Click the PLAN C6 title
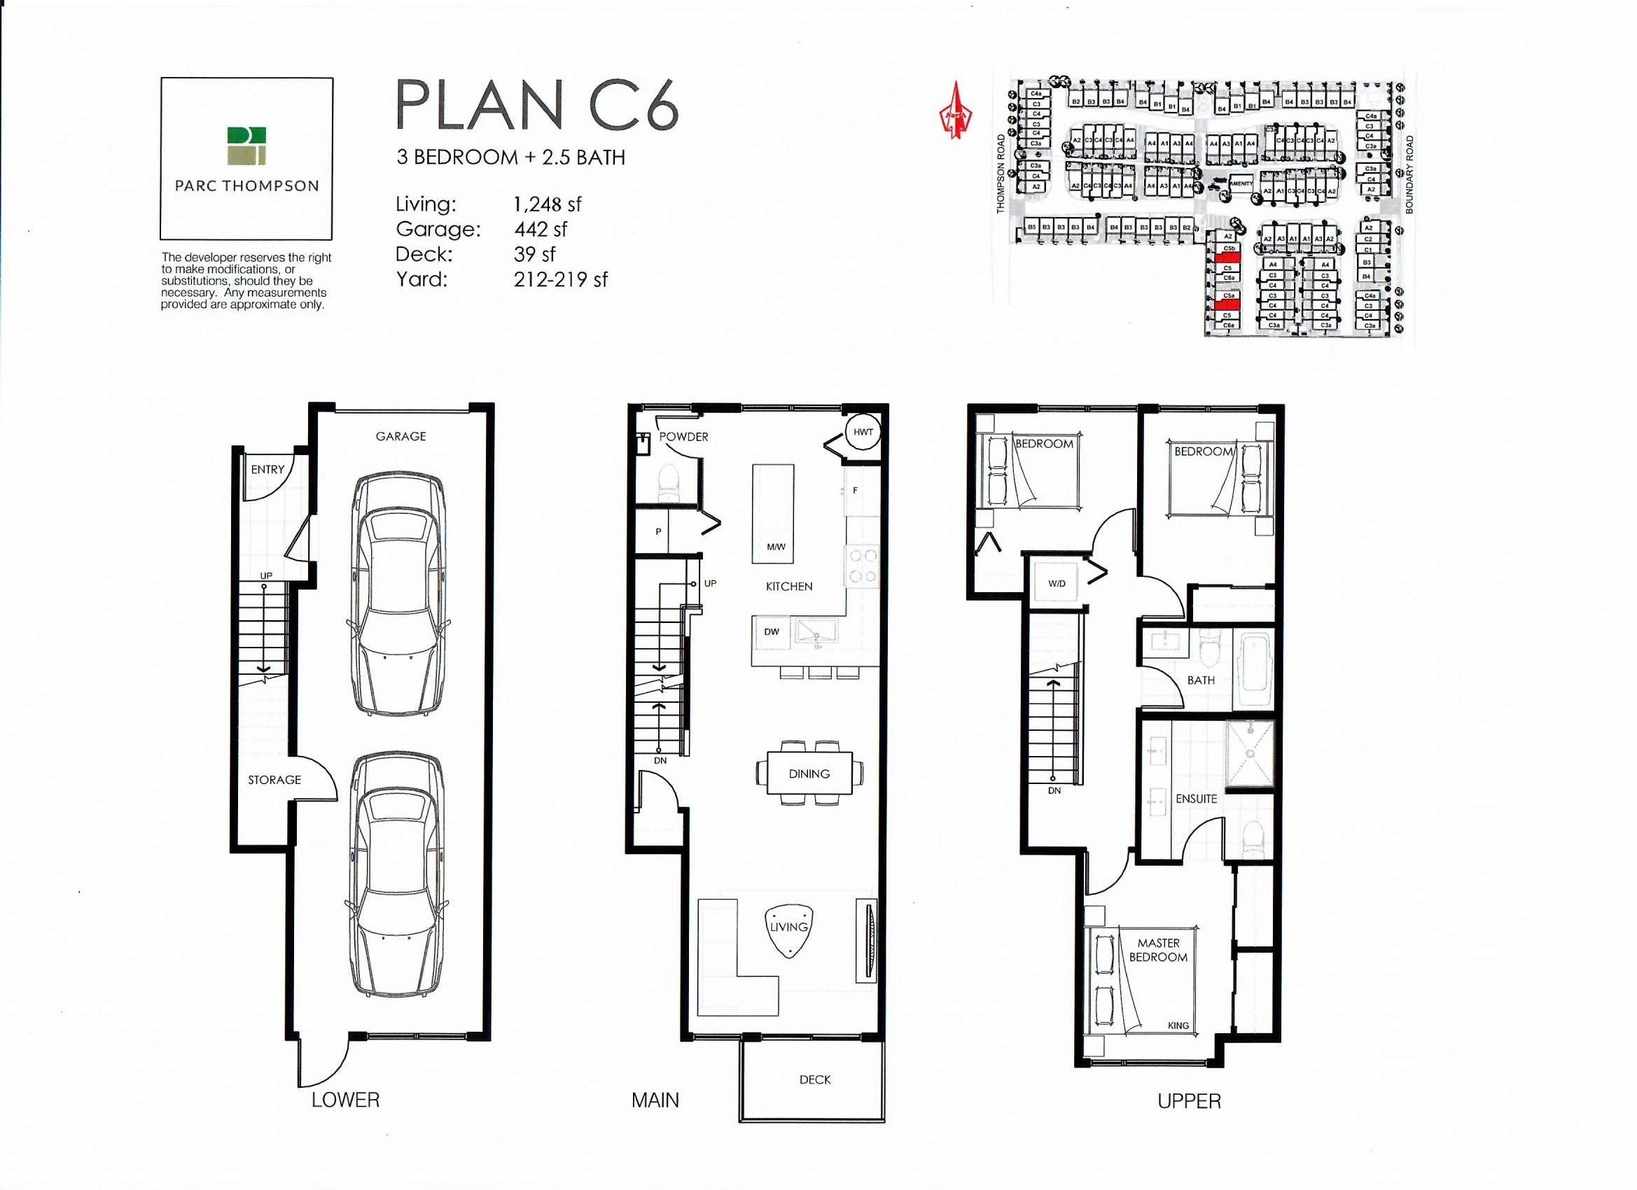point(537,106)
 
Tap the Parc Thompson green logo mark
point(246,145)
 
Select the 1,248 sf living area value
point(547,204)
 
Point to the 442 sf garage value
point(540,230)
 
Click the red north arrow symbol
point(956,111)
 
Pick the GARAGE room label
point(400,436)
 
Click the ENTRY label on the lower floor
point(267,469)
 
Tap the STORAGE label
point(274,779)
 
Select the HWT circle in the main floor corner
point(863,433)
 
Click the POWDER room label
point(683,437)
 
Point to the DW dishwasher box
point(772,631)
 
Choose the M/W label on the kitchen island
point(776,546)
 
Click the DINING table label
point(809,773)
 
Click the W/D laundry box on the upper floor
point(1057,583)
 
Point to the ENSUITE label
point(1196,799)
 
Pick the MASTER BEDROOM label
point(1158,950)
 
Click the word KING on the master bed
point(1178,1025)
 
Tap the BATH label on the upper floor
point(1200,680)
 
